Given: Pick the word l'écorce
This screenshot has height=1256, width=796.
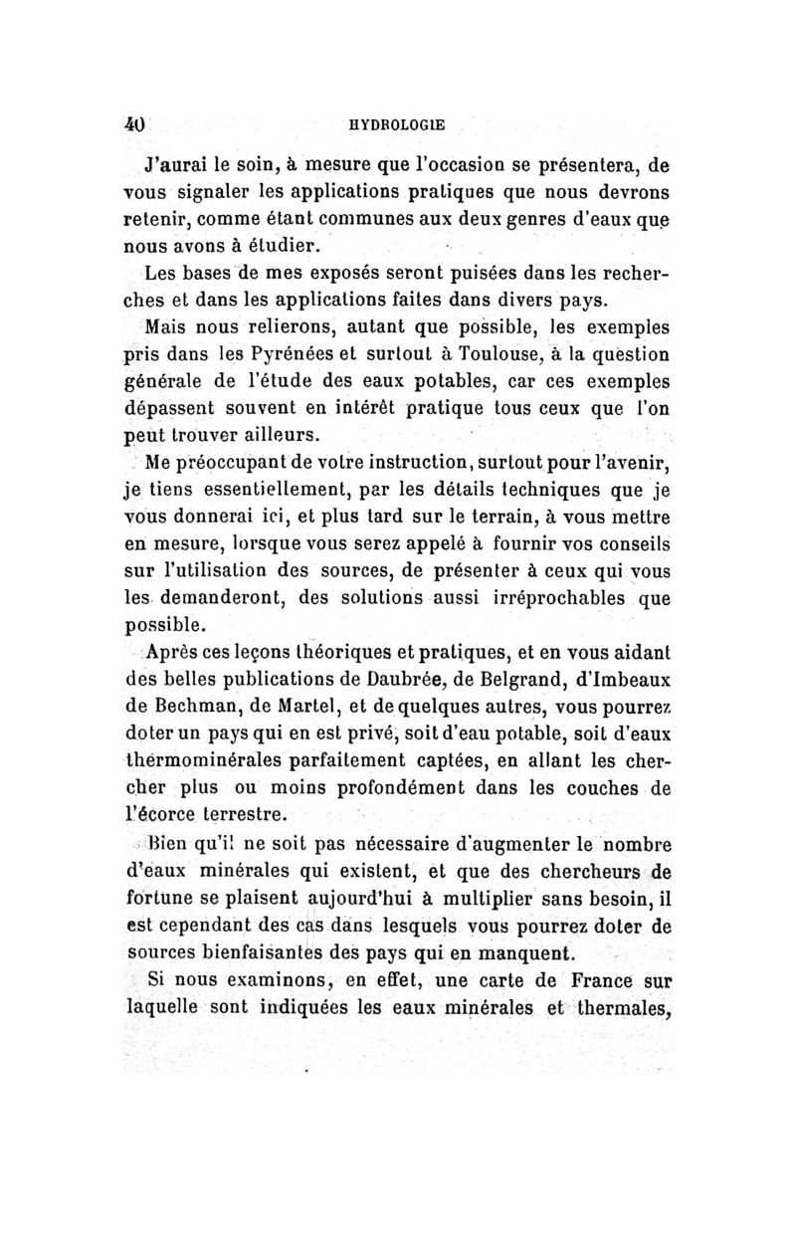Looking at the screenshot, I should [159, 815].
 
